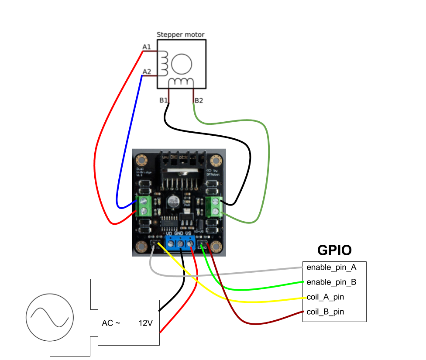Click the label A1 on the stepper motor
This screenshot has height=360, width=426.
(147, 47)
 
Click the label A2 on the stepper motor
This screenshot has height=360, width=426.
(147, 72)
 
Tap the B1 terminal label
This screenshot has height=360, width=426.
(164, 100)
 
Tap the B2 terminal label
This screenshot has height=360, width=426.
(199, 100)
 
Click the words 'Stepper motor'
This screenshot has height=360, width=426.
(180, 34)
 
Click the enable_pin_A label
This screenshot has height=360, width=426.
(331, 267)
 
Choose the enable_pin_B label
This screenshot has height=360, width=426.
(331, 282)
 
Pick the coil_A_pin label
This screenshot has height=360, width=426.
(325, 297)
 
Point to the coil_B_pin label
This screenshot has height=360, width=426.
(325, 312)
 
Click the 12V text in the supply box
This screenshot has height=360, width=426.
(146, 323)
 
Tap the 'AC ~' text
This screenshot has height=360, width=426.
(111, 323)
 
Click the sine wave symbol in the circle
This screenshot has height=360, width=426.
(50, 317)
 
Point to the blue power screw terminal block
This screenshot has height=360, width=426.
(179, 244)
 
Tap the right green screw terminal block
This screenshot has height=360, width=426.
(214, 206)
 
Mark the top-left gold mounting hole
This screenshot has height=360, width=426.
(141, 159)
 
